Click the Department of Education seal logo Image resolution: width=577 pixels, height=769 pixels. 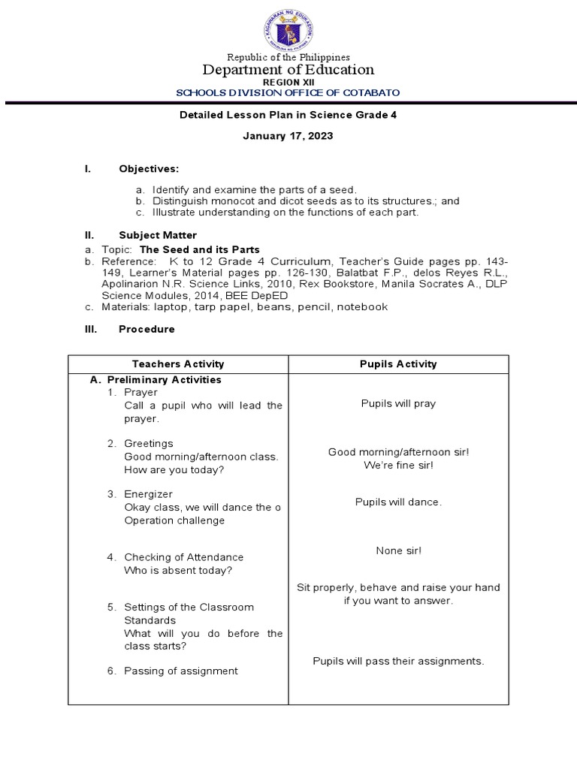point(288,28)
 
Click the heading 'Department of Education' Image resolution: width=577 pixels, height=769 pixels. point(288,70)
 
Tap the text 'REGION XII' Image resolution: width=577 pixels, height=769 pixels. point(288,82)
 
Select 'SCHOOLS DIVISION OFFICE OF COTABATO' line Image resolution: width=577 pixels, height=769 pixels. point(288,92)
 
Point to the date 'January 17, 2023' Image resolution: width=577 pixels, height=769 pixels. point(288,137)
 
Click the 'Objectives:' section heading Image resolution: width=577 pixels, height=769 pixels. point(149,169)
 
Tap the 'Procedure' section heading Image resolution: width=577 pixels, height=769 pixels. point(147,329)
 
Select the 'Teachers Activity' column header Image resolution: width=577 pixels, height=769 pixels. point(178,364)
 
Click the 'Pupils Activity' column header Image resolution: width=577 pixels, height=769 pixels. point(398,364)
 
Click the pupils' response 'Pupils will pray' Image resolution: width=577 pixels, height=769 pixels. point(398,403)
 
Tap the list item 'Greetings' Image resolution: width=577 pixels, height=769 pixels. point(149,443)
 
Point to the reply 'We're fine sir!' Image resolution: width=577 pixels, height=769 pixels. point(398,465)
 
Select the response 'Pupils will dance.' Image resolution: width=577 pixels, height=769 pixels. point(398,502)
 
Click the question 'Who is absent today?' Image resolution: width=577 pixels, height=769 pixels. point(178,570)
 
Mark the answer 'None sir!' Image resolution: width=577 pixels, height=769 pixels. point(398,550)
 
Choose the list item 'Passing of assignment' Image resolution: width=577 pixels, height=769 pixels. point(181,671)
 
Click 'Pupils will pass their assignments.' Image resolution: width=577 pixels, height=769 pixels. point(398,661)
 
